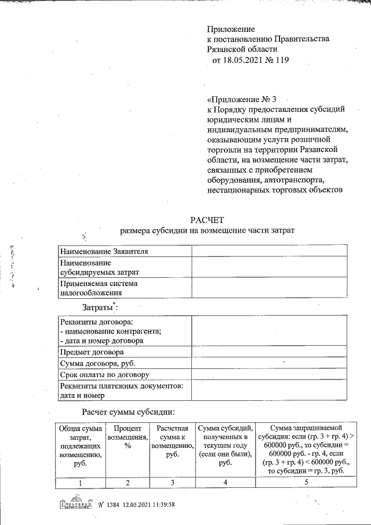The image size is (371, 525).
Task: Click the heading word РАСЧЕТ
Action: [207, 219]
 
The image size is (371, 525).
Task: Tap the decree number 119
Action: [281, 60]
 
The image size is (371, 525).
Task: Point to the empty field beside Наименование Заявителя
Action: [270, 251]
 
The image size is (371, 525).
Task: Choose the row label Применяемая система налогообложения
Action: [99, 289]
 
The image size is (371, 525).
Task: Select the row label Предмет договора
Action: [92, 352]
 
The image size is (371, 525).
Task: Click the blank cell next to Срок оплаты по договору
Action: [270, 375]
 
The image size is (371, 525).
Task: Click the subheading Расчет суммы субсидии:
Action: [128, 412]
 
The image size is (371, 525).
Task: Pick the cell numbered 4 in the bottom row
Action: [225, 483]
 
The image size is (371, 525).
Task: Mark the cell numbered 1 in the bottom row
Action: [79, 483]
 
